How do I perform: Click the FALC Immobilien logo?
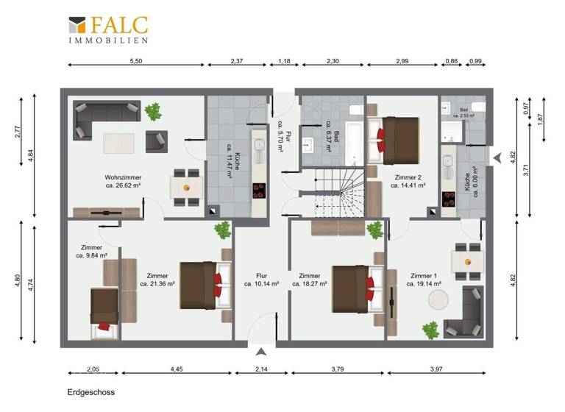pyautogui.click(x=107, y=30)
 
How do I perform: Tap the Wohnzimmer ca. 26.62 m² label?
pyautogui.click(x=123, y=181)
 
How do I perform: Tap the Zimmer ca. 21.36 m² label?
pyautogui.click(x=157, y=278)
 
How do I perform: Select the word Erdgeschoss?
pyautogui.click(x=90, y=393)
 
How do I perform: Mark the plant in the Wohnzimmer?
pyautogui.click(x=154, y=112)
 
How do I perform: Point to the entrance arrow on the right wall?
pyautogui.click(x=498, y=157)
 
